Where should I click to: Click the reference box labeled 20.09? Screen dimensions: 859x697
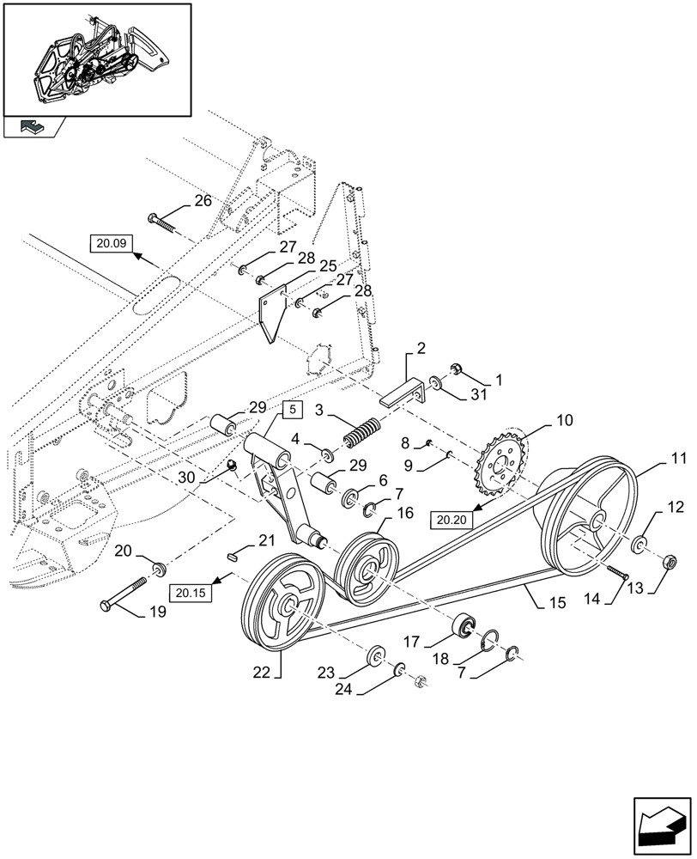tap(111, 244)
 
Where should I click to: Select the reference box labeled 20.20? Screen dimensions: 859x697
tap(455, 519)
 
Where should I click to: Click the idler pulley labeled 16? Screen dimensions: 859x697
tap(367, 570)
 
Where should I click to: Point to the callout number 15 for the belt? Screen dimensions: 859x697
tap(556, 604)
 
